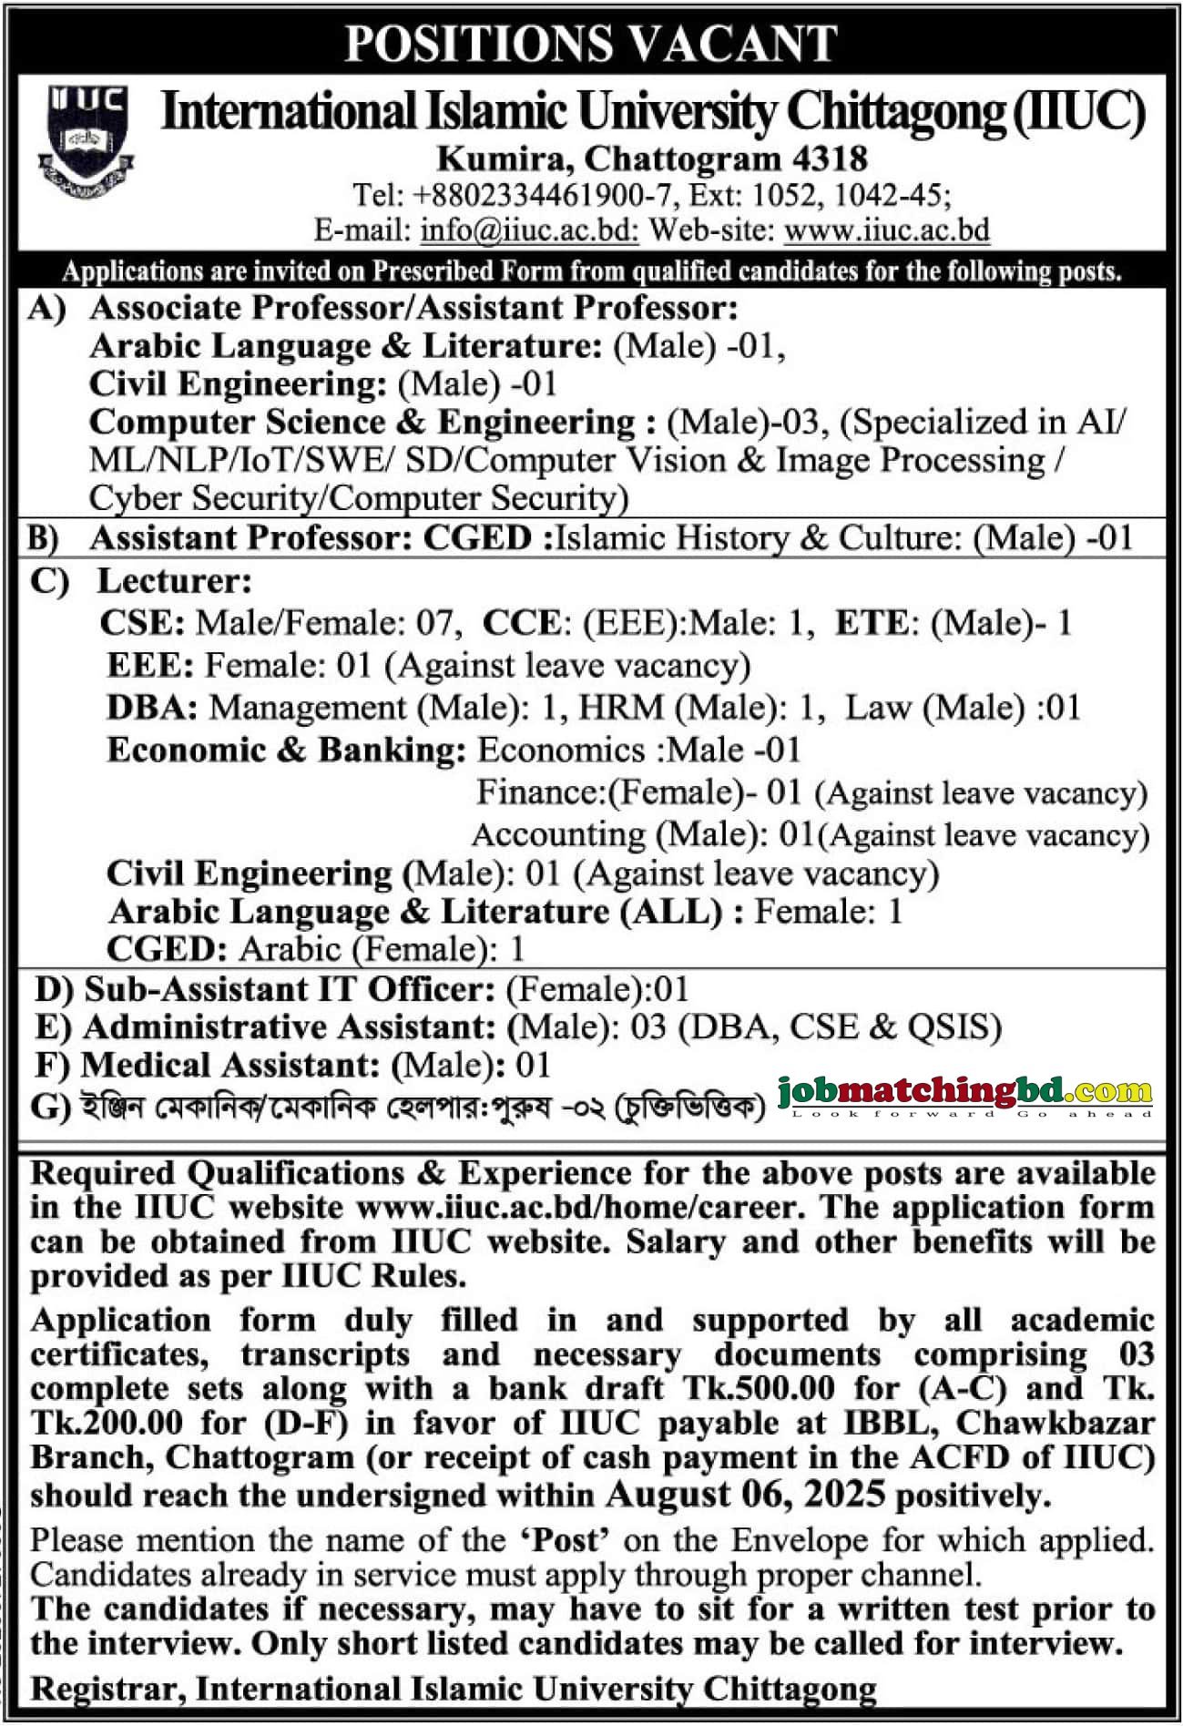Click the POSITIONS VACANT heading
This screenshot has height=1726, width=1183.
point(591,42)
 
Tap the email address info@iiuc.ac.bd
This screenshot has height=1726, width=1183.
point(529,230)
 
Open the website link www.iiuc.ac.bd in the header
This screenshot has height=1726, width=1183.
point(886,230)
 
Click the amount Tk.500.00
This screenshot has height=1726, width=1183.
point(758,1388)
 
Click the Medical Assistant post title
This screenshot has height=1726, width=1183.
point(229,1065)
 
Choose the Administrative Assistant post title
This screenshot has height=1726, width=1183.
point(289,1027)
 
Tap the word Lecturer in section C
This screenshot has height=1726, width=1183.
point(174,580)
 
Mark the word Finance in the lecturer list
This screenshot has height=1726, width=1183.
point(540,792)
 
